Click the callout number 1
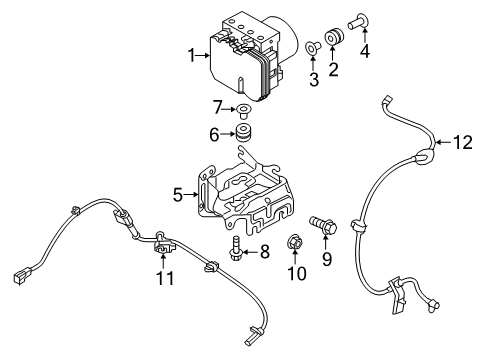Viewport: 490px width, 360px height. pyautogui.click(x=191, y=55)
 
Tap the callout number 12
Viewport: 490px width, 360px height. pyautogui.click(x=463, y=142)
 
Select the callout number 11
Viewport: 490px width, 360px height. pyautogui.click(x=165, y=278)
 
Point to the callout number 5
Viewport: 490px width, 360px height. pyautogui.click(x=178, y=195)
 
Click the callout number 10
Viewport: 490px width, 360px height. pyautogui.click(x=296, y=273)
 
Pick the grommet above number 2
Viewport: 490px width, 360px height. pyautogui.click(x=334, y=37)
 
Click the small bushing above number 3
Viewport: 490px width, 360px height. pyautogui.click(x=313, y=48)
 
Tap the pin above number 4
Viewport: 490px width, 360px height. pyautogui.click(x=359, y=21)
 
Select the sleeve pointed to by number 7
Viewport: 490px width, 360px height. pyautogui.click(x=244, y=111)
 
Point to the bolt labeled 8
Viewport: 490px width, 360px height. pyautogui.click(x=236, y=248)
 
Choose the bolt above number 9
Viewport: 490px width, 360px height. pyautogui.click(x=323, y=224)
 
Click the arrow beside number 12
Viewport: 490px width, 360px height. pyautogui.click(x=443, y=142)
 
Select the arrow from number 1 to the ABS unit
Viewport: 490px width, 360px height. pyautogui.click(x=203, y=56)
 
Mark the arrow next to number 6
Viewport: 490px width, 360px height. pyautogui.click(x=227, y=134)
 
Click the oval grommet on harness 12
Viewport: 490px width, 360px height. pyautogui.click(x=424, y=156)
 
